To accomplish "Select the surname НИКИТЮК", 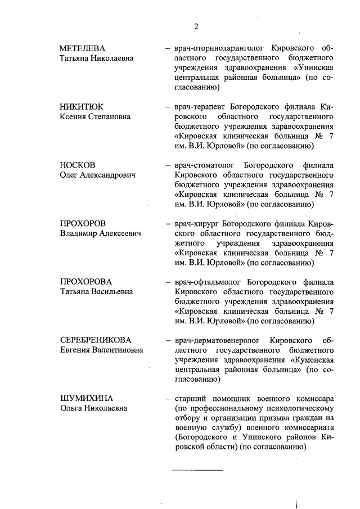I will pyautogui.click(x=82, y=106).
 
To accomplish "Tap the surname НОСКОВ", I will pyautogui.click(x=78, y=165).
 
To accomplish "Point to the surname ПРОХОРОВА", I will pyautogui.click(x=86, y=281).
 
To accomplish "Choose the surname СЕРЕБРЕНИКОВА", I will pyautogui.click(x=96, y=340).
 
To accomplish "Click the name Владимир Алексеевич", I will pyautogui.click(x=100, y=233).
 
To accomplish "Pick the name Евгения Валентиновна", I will pyautogui.click(x=101, y=350).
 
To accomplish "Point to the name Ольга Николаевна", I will pyautogui.click(x=93, y=408).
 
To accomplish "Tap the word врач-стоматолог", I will pyautogui.click(x=203, y=165).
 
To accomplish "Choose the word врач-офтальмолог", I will pyautogui.click(x=206, y=281).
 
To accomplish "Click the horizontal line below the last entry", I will pyautogui.click(x=197, y=469).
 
